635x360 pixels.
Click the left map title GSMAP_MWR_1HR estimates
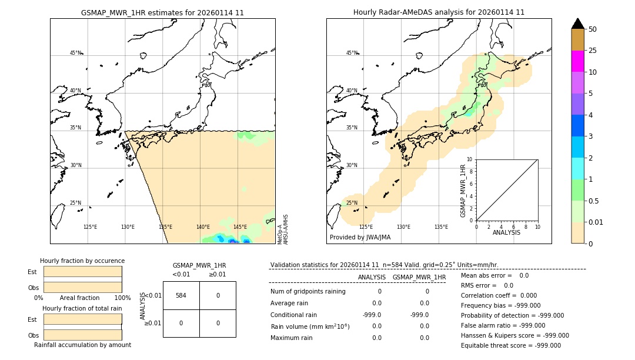point(162,12)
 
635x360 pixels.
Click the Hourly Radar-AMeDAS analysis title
point(439,12)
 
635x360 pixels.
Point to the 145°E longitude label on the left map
point(240,227)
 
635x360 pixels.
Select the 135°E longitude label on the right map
point(441,227)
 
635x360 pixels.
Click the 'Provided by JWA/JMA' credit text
point(360,237)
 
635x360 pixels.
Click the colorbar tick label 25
point(593,51)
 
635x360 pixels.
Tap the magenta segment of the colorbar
point(577,61)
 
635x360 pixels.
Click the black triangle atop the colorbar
point(577,24)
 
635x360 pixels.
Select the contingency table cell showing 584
point(181,295)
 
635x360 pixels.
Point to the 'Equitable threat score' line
point(510,345)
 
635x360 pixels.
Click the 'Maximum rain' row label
point(292,338)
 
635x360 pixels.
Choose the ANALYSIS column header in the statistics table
point(372,277)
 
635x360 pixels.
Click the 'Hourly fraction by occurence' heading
point(82,261)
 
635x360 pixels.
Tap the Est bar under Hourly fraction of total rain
point(82,319)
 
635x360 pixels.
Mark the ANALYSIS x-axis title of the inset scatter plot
point(506,232)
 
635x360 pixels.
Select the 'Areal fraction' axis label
point(79,298)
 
